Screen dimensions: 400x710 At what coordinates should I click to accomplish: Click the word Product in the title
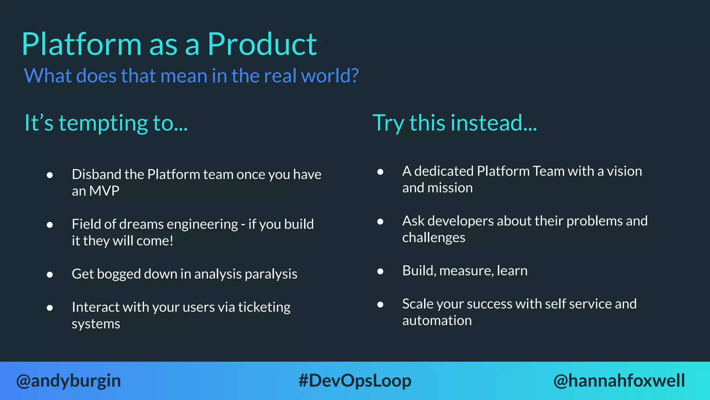point(262,44)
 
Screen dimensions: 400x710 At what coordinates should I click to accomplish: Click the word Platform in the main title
point(82,44)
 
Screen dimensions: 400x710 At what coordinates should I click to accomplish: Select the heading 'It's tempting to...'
point(106,123)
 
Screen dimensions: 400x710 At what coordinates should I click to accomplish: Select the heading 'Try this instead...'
point(454,123)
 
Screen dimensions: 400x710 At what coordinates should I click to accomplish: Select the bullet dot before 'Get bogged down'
point(50,275)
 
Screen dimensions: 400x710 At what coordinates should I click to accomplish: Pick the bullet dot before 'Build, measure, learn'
point(380,271)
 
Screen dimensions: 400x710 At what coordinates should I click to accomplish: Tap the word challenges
point(434,238)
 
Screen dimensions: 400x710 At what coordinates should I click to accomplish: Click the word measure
point(466,271)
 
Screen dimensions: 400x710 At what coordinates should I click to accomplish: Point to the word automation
point(437,320)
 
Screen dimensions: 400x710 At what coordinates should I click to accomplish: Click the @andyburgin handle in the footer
point(69,381)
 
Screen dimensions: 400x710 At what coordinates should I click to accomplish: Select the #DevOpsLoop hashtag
point(355,381)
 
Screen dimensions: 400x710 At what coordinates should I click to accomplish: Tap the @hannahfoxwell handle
point(619,381)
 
